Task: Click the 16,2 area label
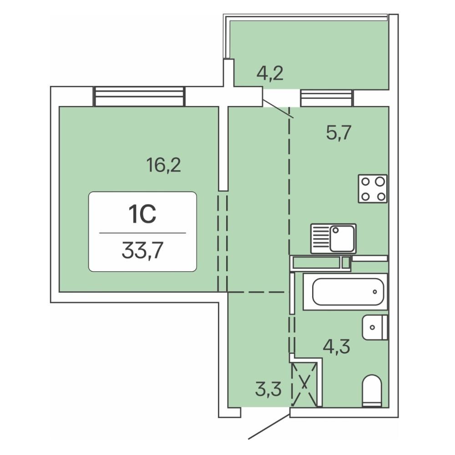coord(164,166)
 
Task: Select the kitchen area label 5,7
coord(339,133)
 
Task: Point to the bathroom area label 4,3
coord(337,346)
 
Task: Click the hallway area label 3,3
coord(268,389)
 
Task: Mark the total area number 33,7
coord(142,251)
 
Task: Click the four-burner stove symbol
coord(373,189)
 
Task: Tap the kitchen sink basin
coord(343,238)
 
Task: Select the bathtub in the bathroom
coord(345,292)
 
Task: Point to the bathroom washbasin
coord(375,327)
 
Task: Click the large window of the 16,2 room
coord(139,96)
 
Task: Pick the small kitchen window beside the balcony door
coord(327,98)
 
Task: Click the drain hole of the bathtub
coord(375,292)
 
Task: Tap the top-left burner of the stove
coord(365,182)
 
